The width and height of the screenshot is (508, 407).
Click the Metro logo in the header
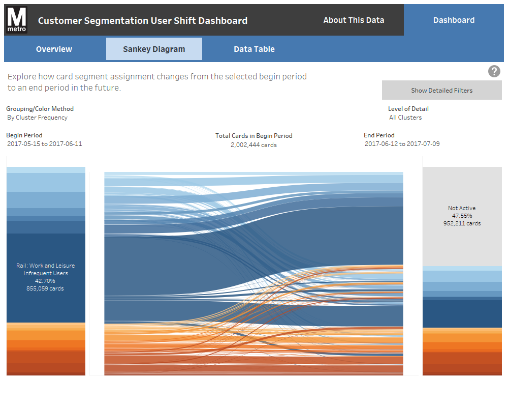pyautogui.click(x=17, y=20)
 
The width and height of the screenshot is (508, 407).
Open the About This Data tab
pyautogui.click(x=354, y=20)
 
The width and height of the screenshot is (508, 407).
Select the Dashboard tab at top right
pyautogui.click(x=454, y=20)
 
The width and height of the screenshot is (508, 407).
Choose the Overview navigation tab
pyautogui.click(x=54, y=49)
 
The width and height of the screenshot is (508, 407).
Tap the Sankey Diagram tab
pyautogui.click(x=154, y=49)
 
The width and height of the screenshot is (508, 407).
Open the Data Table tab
pyautogui.click(x=254, y=49)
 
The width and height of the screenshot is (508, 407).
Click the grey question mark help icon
pyautogui.click(x=494, y=71)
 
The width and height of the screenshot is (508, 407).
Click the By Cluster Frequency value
pyautogui.click(x=37, y=118)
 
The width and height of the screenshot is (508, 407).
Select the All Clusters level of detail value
pyautogui.click(x=405, y=118)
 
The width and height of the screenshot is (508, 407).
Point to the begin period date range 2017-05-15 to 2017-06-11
pyautogui.click(x=45, y=144)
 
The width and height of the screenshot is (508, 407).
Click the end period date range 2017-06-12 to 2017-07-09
pyautogui.click(x=402, y=144)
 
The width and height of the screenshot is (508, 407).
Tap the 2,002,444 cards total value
pyautogui.click(x=253, y=145)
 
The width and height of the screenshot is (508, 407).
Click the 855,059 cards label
pyautogui.click(x=45, y=288)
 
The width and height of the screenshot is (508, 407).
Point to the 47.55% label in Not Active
pyautogui.click(x=462, y=216)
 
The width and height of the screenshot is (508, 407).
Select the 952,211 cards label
pyautogui.click(x=462, y=223)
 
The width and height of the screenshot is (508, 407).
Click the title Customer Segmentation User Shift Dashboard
pyautogui.click(x=143, y=21)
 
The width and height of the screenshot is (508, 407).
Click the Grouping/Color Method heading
pyautogui.click(x=40, y=109)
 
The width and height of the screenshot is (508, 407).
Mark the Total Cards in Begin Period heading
pyautogui.click(x=253, y=136)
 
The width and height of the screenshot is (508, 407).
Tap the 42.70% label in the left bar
pyautogui.click(x=45, y=281)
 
